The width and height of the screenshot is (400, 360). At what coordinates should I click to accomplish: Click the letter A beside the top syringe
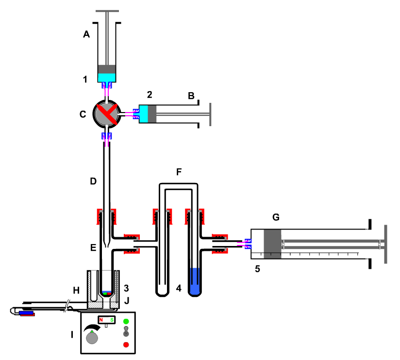point(87,34)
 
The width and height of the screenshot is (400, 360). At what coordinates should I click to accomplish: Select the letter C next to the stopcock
point(83,115)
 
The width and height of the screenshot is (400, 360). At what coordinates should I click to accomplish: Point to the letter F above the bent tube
point(179,172)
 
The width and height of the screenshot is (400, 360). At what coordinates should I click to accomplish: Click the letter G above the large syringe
point(276,217)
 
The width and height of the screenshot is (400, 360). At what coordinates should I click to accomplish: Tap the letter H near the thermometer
point(76,290)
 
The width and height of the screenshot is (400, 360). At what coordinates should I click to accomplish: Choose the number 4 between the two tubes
point(179,288)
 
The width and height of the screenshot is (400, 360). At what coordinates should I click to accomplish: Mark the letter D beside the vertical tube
point(93,181)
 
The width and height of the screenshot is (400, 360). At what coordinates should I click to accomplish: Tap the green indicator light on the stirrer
point(126,321)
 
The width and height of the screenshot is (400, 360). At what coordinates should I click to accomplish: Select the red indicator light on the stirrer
point(126,344)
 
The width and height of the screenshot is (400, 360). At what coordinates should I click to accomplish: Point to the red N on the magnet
point(101,320)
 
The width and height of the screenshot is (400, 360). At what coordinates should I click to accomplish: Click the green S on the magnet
point(112,320)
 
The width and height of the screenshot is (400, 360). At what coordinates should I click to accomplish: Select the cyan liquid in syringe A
point(107,77)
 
